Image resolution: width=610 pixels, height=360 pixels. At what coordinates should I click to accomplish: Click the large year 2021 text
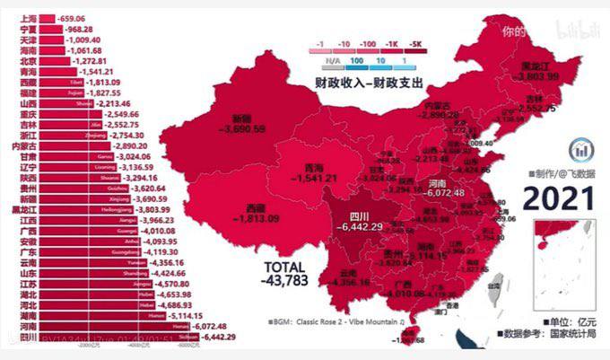coord(558,196)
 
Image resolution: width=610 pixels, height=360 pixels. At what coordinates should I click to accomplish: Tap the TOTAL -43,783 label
coord(285,275)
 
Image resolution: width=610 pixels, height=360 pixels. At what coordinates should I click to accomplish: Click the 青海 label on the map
coord(313,168)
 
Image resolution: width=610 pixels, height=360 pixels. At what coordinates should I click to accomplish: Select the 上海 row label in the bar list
coord(28,18)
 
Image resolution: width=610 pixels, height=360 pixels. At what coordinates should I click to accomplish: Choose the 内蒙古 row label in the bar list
coord(23,145)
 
